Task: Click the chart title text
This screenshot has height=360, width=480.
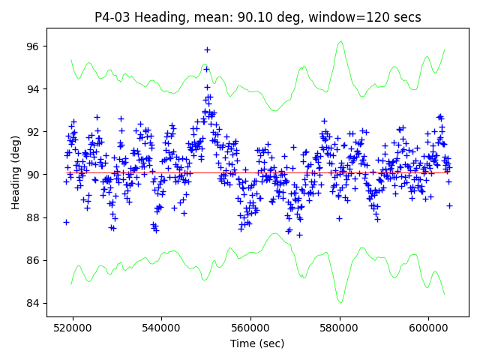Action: [x=257, y=17]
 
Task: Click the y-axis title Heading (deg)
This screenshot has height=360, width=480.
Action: [x=16, y=172]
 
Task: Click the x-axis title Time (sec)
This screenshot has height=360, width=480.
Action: [x=257, y=343]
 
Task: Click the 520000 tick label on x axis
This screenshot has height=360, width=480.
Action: [x=73, y=327]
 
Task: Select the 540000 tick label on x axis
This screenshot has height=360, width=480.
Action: [x=162, y=327]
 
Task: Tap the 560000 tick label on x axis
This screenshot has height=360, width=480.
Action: [x=250, y=327]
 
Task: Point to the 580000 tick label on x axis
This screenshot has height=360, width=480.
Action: [x=340, y=327]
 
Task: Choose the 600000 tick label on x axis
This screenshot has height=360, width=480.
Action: [x=428, y=327]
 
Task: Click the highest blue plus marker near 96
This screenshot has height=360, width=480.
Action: [x=207, y=49]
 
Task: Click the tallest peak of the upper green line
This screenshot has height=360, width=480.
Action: [x=340, y=42]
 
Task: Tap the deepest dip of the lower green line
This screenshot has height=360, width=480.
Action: [x=340, y=302]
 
